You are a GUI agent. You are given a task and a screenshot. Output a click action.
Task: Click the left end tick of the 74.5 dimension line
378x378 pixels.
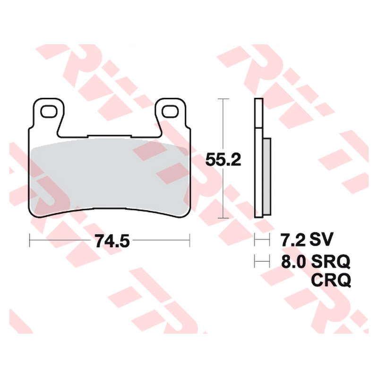pyautogui.click(x=30, y=241)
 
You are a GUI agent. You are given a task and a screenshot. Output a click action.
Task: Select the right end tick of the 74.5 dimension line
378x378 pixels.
pyautogui.click(x=189, y=241)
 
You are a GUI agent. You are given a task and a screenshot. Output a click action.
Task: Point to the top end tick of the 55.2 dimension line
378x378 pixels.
pyautogui.click(x=223, y=99)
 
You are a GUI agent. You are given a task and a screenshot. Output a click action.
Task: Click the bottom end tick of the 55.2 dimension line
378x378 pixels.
pyautogui.click(x=223, y=218)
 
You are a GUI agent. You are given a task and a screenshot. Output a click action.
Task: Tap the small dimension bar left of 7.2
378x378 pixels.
pyautogui.click(x=259, y=241)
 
